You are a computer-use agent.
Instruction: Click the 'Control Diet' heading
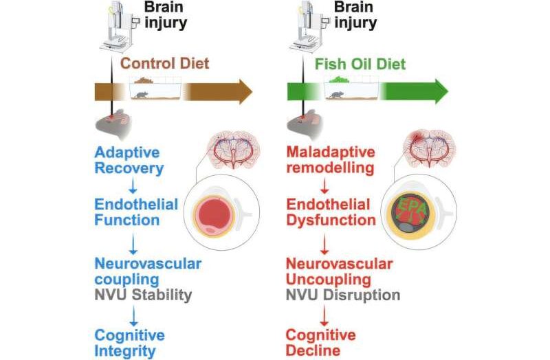point(164,65)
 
